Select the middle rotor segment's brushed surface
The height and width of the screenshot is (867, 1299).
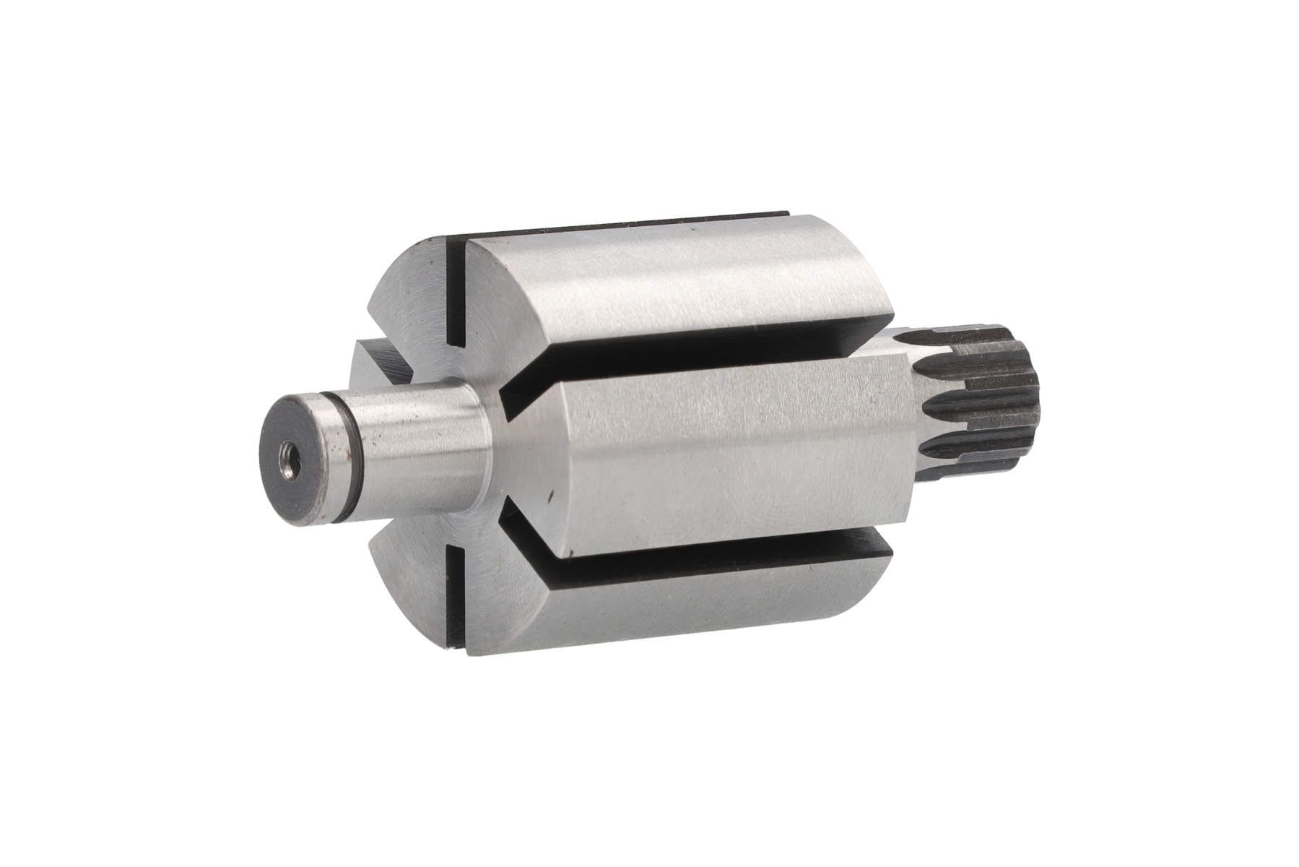point(722,448)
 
